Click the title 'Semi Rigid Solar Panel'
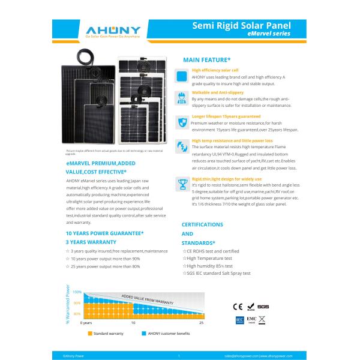click(242, 26)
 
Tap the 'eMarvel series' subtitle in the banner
click(269, 35)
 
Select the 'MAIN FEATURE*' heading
click(207, 61)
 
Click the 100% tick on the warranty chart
click(77, 292)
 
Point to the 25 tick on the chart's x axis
click(201, 323)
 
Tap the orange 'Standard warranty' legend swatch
click(90, 332)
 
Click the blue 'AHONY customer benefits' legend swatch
click(144, 332)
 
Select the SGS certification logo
click(265, 306)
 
